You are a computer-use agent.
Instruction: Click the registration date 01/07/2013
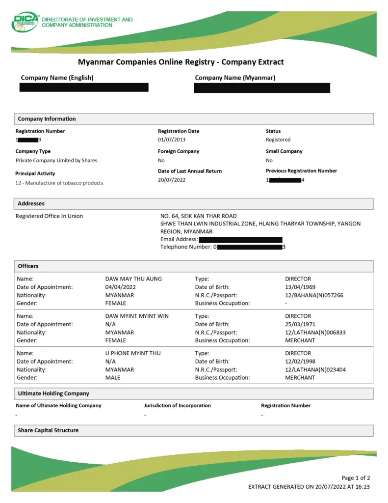172,140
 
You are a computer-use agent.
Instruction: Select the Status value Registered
278,140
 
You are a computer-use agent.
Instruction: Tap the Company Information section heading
47,119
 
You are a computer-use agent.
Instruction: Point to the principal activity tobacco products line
59,183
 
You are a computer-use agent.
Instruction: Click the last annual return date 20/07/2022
172,180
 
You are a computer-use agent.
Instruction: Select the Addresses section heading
31,203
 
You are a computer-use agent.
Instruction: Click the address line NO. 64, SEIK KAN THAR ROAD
198,216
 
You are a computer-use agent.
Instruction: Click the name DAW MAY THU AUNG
133,279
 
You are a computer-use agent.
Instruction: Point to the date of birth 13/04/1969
300,287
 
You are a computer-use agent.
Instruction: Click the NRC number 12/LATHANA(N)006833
315,332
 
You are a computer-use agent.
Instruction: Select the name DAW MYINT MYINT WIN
137,316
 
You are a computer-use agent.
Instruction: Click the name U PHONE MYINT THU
133,353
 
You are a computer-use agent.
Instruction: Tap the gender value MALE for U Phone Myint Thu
113,378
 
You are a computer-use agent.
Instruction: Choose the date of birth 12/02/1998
300,362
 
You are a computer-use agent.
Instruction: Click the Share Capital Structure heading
48,430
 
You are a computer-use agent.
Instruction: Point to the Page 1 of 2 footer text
356,478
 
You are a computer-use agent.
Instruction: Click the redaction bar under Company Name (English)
84,87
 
